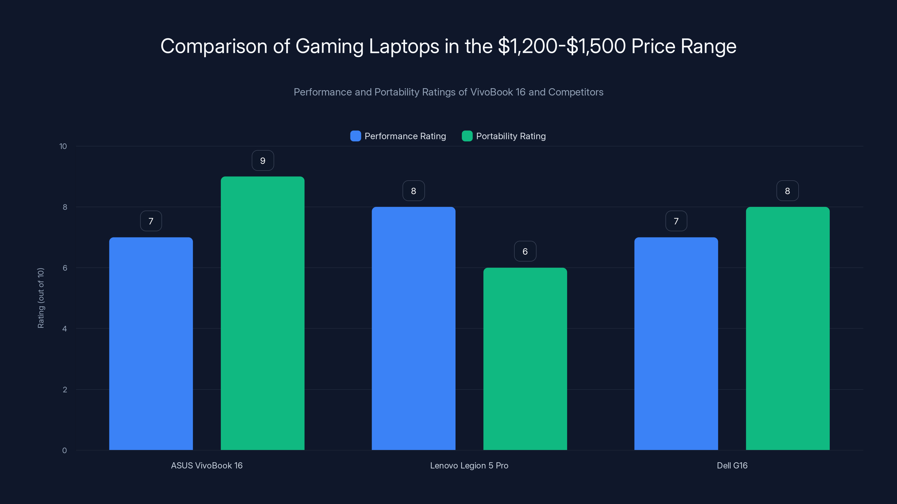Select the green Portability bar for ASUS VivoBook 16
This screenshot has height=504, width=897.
(263, 313)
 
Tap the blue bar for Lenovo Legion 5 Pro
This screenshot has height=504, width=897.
(413, 328)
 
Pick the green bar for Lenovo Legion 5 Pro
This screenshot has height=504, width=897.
(525, 359)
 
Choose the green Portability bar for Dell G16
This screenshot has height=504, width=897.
(788, 328)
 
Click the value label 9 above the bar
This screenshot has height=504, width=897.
(263, 161)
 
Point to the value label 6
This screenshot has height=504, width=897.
(525, 251)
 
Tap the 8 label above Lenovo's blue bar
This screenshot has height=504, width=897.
(413, 191)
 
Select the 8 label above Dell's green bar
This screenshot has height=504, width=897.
(787, 191)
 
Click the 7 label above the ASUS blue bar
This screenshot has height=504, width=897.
(151, 221)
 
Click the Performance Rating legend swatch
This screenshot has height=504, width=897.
(355, 136)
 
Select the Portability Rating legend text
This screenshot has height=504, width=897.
(510, 136)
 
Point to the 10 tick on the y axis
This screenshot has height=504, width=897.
(63, 146)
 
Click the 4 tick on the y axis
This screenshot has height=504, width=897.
(64, 329)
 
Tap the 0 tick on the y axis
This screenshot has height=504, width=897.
(64, 451)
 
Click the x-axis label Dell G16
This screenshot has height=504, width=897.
(732, 465)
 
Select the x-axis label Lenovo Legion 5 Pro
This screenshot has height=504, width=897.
(469, 465)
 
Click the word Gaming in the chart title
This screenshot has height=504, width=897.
(329, 46)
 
